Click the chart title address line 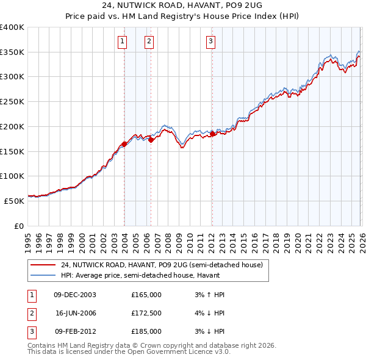[182, 6]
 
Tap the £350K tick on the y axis [12, 52]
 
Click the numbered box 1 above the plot [123, 41]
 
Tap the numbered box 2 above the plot [149, 41]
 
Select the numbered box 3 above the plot [210, 41]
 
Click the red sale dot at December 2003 [124, 144]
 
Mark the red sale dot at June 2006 [151, 140]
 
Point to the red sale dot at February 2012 [212, 134]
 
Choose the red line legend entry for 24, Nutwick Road [162, 265]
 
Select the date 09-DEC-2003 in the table [75, 295]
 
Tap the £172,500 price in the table [146, 313]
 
